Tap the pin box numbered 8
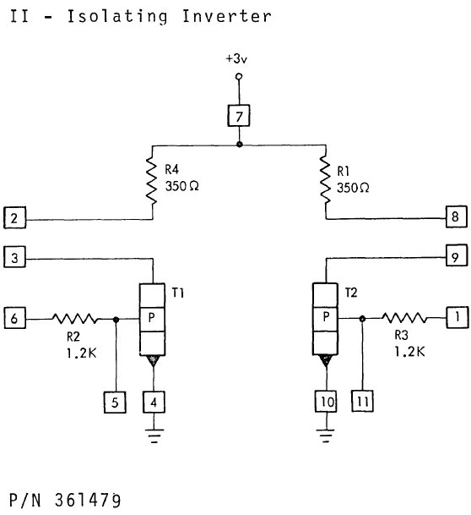pyautogui.click(x=457, y=217)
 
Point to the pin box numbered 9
pyautogui.click(x=457, y=255)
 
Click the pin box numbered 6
pyautogui.click(x=14, y=319)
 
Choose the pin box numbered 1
pyautogui.click(x=457, y=319)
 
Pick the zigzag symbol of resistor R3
pyautogui.click(x=405, y=320)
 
